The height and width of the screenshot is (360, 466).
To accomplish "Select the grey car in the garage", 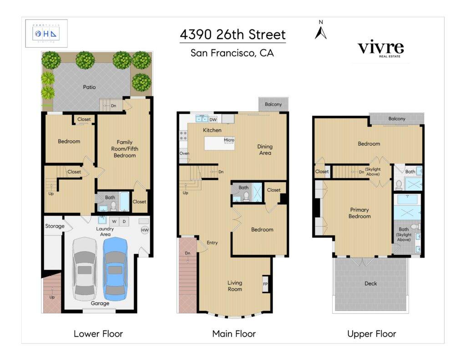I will pyautogui.click(x=84, y=269).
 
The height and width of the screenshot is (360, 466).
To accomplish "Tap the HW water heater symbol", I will pyautogui.click(x=145, y=230).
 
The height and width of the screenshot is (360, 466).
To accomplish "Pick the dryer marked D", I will pyautogui.click(x=124, y=222).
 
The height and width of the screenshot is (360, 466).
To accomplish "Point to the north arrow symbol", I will pyautogui.click(x=321, y=31).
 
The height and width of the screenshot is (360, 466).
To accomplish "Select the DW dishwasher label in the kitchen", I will pyautogui.click(x=213, y=120).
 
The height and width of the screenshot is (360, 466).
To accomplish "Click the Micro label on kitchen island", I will pyautogui.click(x=229, y=140).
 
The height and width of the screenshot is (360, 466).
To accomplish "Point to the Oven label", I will pyautogui.click(x=184, y=153).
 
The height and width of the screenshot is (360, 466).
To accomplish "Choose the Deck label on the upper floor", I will pyautogui.click(x=371, y=284).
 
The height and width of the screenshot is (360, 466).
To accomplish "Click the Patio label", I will pyautogui.click(x=89, y=86).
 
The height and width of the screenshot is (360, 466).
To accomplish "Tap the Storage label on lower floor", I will pyautogui.click(x=55, y=226).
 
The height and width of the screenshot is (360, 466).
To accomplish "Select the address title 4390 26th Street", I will pyautogui.click(x=233, y=35).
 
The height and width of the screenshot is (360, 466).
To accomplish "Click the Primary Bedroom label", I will pyautogui.click(x=360, y=213).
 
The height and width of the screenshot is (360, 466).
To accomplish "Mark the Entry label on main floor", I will pyautogui.click(x=212, y=243).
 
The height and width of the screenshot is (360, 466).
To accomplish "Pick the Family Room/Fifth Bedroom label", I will pyautogui.click(x=124, y=149).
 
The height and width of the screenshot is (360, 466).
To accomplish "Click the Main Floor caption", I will pyautogui.click(x=234, y=334).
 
